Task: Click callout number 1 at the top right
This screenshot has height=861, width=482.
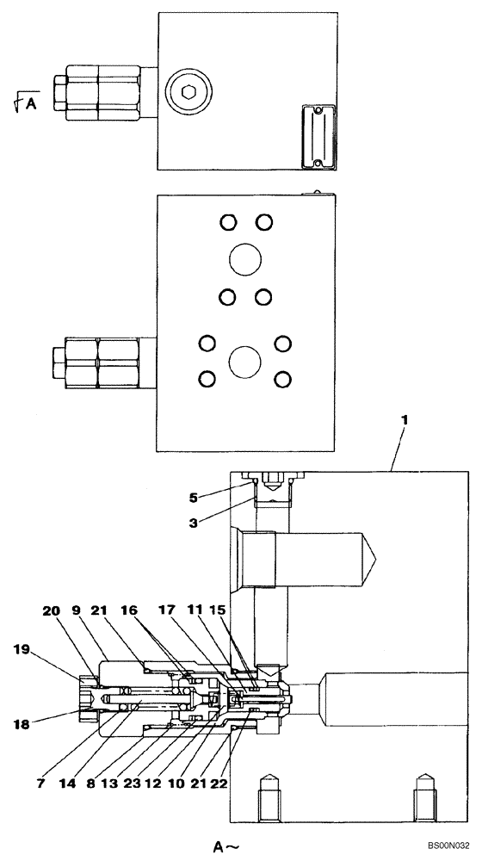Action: pos(405,421)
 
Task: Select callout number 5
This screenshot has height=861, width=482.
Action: pos(195,497)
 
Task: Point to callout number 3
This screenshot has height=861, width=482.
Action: pos(195,521)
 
